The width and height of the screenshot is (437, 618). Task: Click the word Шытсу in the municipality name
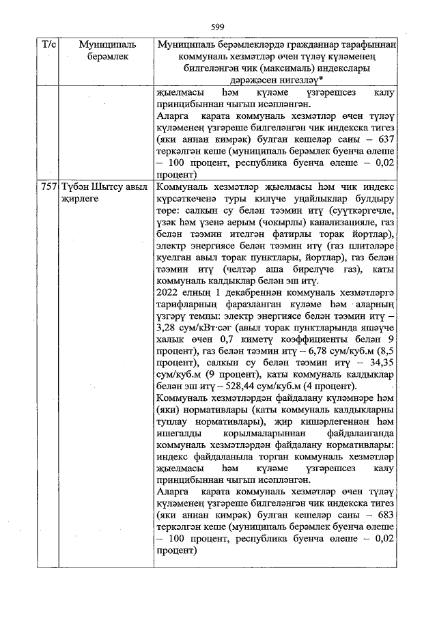(104, 186)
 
